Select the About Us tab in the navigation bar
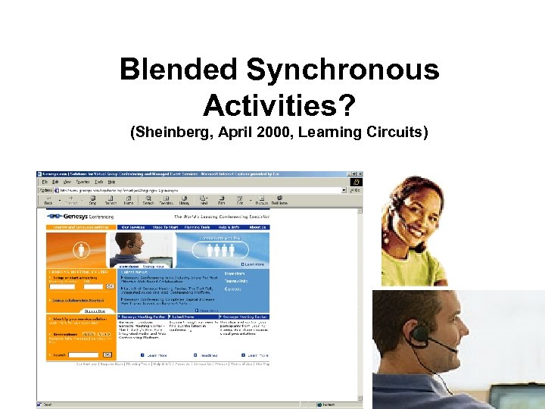[x=258, y=226]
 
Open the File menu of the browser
[x=45, y=182]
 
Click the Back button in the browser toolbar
[x=48, y=198]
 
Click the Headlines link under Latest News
[x=210, y=354]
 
